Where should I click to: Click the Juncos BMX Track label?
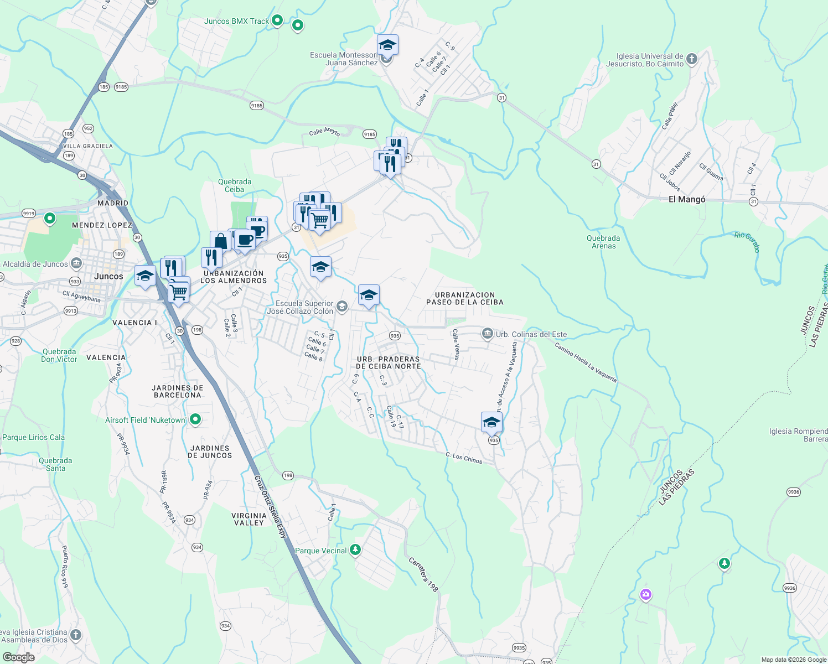click(x=236, y=22)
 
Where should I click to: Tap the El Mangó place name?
click(x=687, y=199)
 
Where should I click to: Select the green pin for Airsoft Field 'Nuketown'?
click(x=195, y=420)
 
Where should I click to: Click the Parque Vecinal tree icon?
click(x=355, y=550)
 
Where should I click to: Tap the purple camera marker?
click(x=645, y=595)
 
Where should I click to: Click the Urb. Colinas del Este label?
click(x=531, y=334)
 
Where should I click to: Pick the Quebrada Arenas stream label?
click(x=603, y=242)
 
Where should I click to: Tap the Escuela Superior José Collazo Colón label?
click(x=301, y=307)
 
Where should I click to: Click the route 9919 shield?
click(x=29, y=213)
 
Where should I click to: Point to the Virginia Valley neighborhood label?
click(x=249, y=519)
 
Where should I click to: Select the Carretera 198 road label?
click(x=423, y=575)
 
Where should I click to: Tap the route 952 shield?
click(x=88, y=128)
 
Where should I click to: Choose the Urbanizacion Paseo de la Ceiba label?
click(x=465, y=299)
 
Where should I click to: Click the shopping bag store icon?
click(x=220, y=241)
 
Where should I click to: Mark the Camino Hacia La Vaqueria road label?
click(x=586, y=363)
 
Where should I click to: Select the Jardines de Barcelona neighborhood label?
click(x=178, y=391)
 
